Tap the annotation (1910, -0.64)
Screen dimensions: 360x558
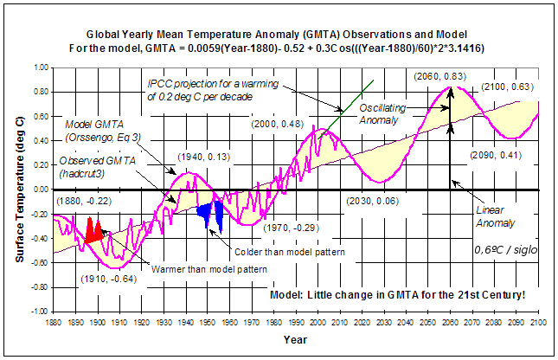106,279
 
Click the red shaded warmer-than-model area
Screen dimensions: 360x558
92,230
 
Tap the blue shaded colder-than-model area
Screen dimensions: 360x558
211,214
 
